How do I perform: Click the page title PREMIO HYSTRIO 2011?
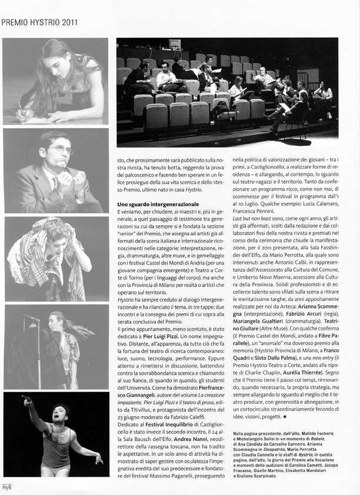click(39, 23)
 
